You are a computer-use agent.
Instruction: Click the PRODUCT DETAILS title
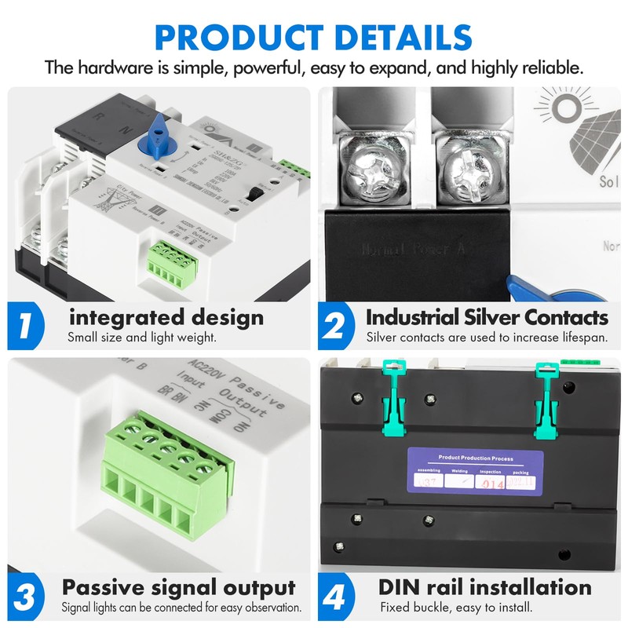point(314,37)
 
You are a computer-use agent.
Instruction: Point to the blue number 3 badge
point(26,595)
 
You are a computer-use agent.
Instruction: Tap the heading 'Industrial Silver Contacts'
point(487,318)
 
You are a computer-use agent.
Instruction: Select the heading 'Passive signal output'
point(179,587)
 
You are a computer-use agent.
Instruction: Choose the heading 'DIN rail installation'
point(485,587)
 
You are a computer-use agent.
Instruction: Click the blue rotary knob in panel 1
point(159,133)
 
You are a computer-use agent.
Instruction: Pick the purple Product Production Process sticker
point(475,470)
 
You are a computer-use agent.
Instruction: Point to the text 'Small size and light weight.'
point(141,338)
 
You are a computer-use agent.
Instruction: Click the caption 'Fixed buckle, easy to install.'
point(456,607)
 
